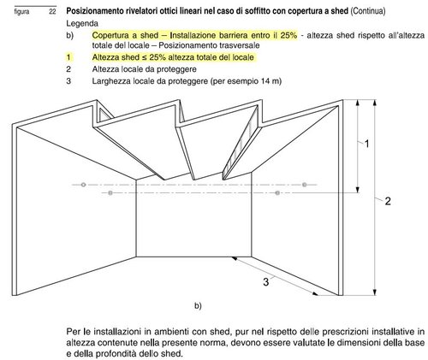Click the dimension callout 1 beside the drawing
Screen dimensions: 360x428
pyautogui.click(x=366, y=145)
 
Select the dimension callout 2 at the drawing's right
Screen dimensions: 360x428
pyautogui.click(x=388, y=201)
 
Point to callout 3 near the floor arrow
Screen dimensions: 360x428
pyautogui.click(x=266, y=280)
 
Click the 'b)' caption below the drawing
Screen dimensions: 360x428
pyautogui.click(x=198, y=305)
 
